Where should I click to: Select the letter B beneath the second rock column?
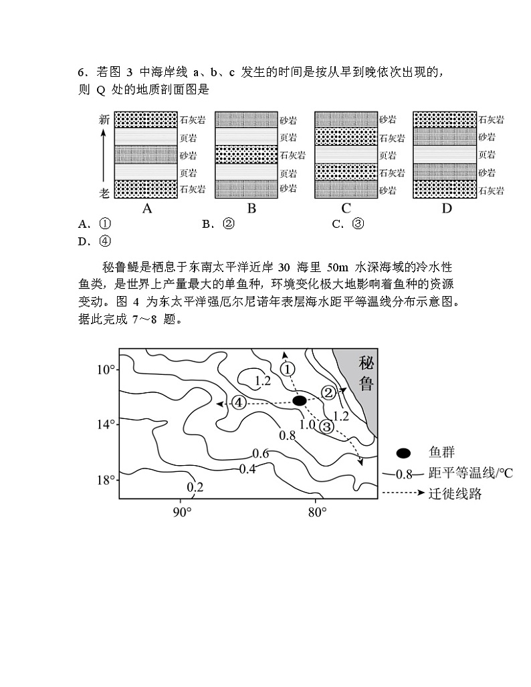click(251, 208)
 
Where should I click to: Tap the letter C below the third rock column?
click(346, 208)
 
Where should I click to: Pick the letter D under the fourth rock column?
click(447, 208)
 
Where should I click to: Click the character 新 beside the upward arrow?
click(104, 120)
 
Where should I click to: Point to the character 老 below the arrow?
click(104, 191)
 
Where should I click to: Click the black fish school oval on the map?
click(300, 400)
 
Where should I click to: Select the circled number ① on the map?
click(287, 369)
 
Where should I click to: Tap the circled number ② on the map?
click(328, 392)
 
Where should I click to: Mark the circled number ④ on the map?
click(238, 402)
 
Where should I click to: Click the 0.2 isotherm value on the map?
click(195, 487)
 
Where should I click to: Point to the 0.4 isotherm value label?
click(247, 468)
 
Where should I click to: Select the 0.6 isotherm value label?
click(261, 454)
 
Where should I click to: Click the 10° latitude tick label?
click(107, 370)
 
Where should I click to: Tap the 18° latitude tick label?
click(107, 480)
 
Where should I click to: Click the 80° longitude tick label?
click(317, 512)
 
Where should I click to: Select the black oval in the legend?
click(403, 453)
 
